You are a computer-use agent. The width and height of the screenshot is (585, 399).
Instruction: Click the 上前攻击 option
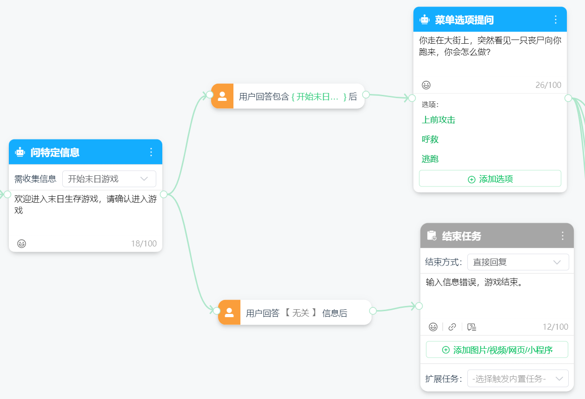(439, 120)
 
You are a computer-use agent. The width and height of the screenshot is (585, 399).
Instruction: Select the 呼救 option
(430, 139)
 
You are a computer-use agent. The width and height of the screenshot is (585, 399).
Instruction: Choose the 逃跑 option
(430, 159)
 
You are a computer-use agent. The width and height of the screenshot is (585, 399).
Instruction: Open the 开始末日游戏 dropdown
(109, 179)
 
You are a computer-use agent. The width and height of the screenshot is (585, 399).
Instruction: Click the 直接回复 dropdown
(518, 262)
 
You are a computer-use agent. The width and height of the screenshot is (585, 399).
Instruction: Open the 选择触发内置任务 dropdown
(518, 379)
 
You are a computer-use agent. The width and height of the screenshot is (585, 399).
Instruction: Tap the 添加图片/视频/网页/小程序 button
(497, 350)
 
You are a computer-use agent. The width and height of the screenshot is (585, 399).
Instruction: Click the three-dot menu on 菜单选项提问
(556, 20)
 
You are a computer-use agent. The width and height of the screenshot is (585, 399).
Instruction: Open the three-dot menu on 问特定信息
(151, 152)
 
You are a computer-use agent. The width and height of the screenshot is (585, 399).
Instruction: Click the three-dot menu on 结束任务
(563, 236)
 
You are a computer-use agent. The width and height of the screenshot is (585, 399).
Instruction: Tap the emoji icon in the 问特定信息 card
(22, 244)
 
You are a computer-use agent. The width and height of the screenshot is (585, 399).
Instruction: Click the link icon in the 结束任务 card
(452, 327)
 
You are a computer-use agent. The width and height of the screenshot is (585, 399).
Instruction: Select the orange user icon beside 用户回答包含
(222, 96)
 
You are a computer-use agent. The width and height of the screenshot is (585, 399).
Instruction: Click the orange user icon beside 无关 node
(229, 313)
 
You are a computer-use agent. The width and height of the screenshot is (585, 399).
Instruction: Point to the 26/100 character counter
(548, 85)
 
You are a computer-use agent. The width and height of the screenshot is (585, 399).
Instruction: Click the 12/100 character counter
(555, 326)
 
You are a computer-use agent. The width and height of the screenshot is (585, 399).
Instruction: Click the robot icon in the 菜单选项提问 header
(425, 20)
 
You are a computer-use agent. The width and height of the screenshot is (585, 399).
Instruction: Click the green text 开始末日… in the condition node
(317, 97)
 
